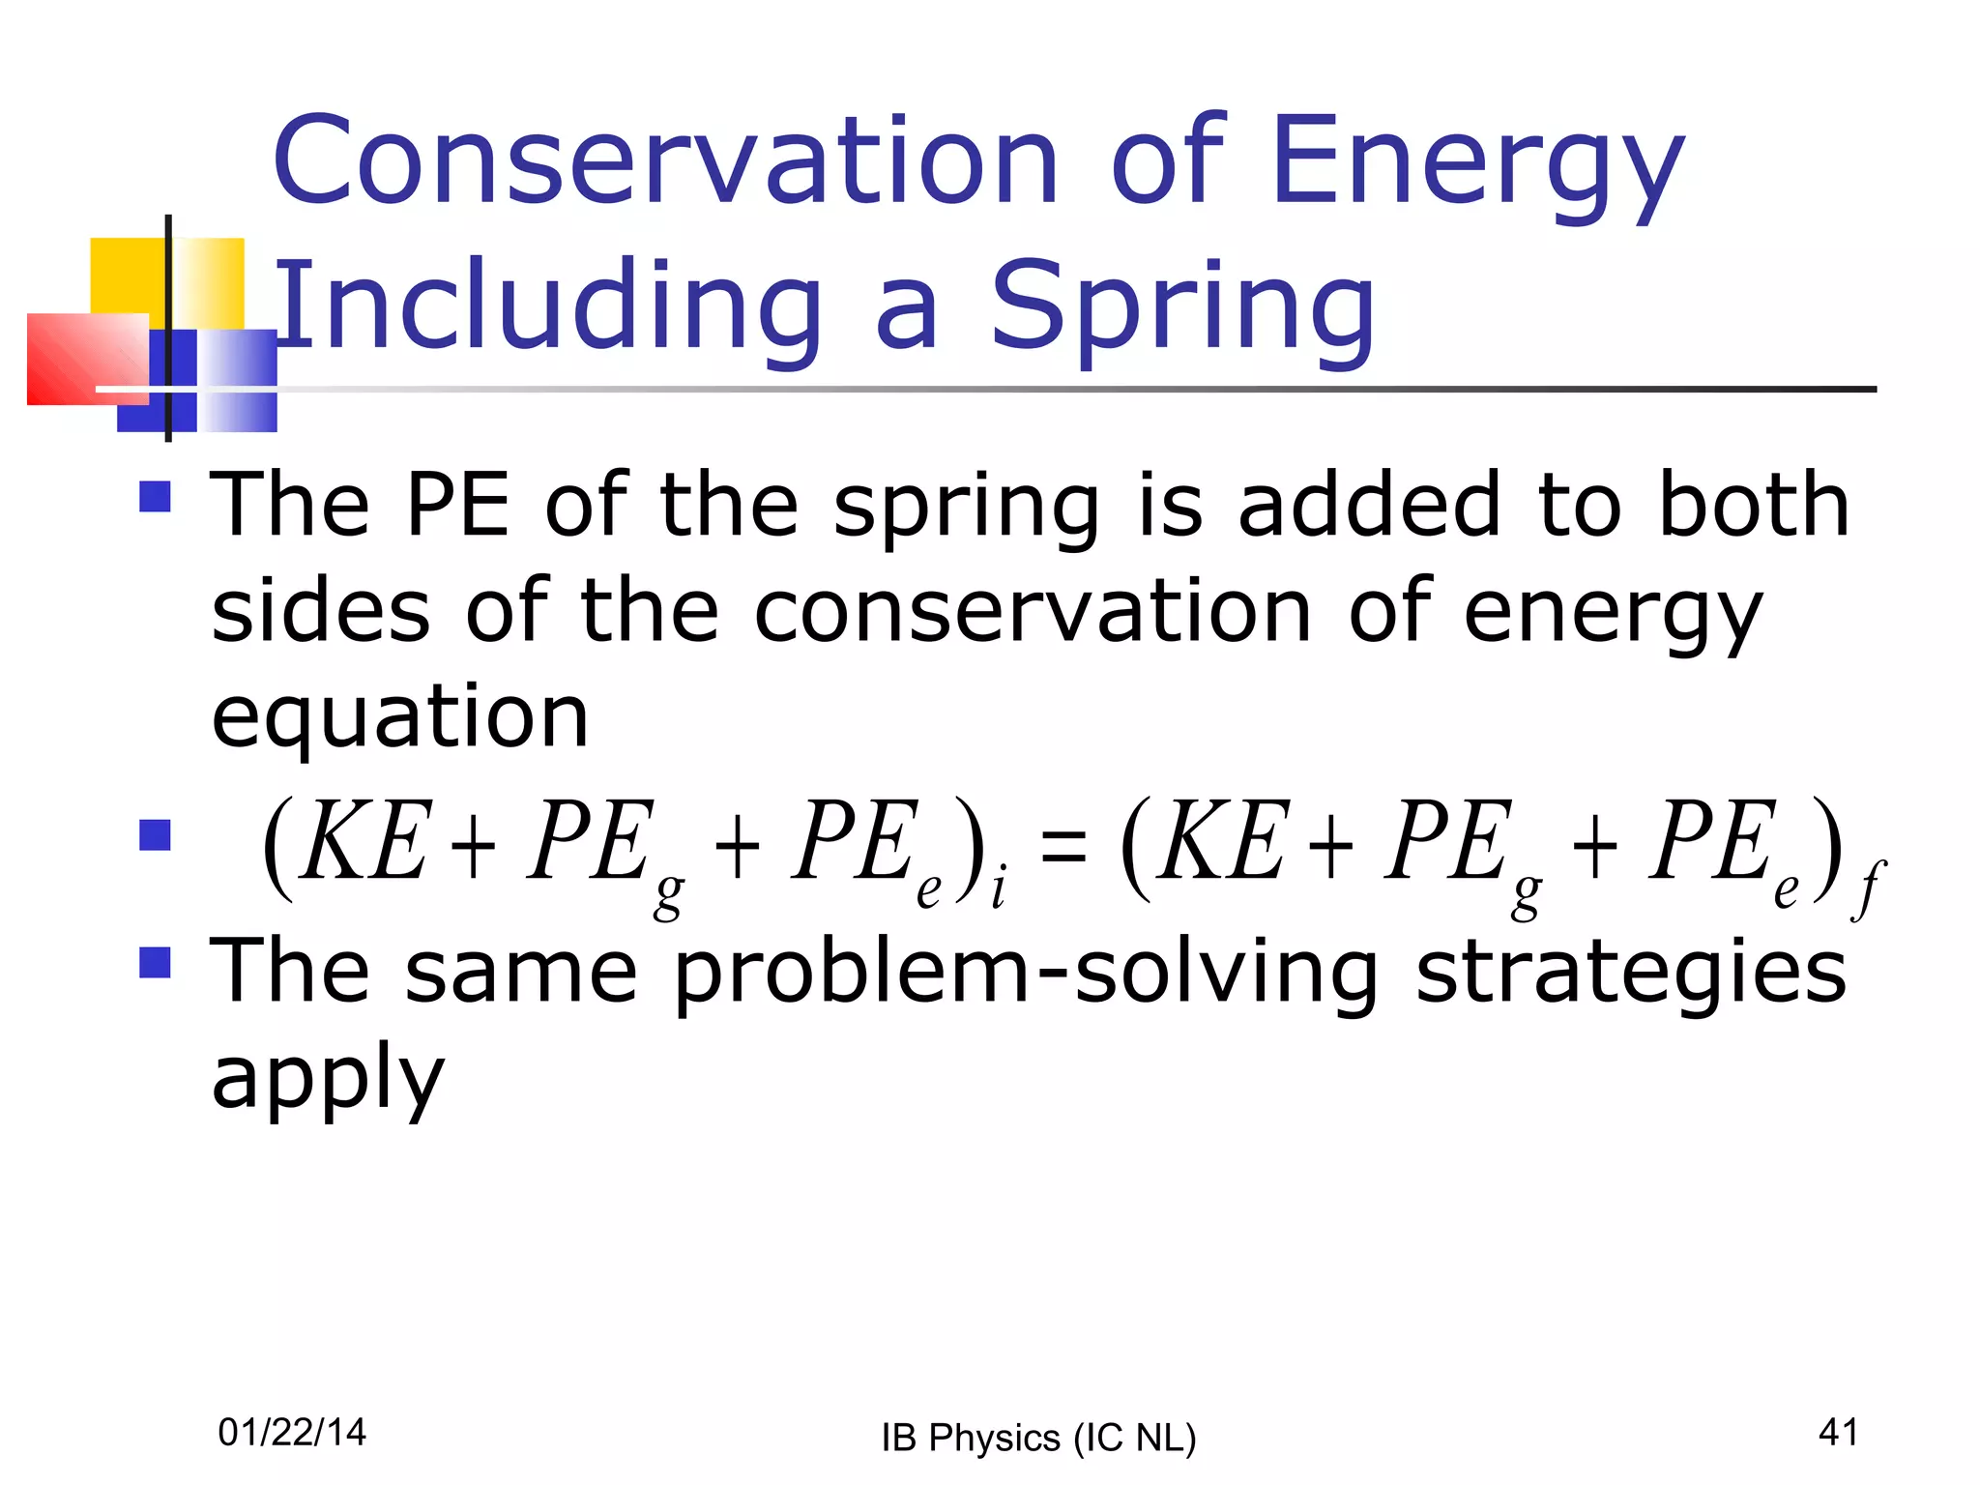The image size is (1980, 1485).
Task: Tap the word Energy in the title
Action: (1479, 164)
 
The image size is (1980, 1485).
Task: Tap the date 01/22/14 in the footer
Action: (292, 1432)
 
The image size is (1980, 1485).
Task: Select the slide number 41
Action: (1838, 1432)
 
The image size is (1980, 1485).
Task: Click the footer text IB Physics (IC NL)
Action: (1038, 1438)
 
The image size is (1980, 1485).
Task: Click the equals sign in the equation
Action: (1063, 846)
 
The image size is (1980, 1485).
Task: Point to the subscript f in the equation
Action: (1868, 889)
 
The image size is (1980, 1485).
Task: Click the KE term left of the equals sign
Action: (364, 841)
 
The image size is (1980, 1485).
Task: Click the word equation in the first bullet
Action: (400, 717)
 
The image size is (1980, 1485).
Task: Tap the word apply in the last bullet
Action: (328, 1078)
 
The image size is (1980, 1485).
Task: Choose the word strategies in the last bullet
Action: (1631, 972)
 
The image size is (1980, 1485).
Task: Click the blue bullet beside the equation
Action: (155, 835)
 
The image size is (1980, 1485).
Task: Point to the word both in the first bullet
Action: (1754, 505)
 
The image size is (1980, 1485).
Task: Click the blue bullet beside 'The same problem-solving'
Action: (155, 962)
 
